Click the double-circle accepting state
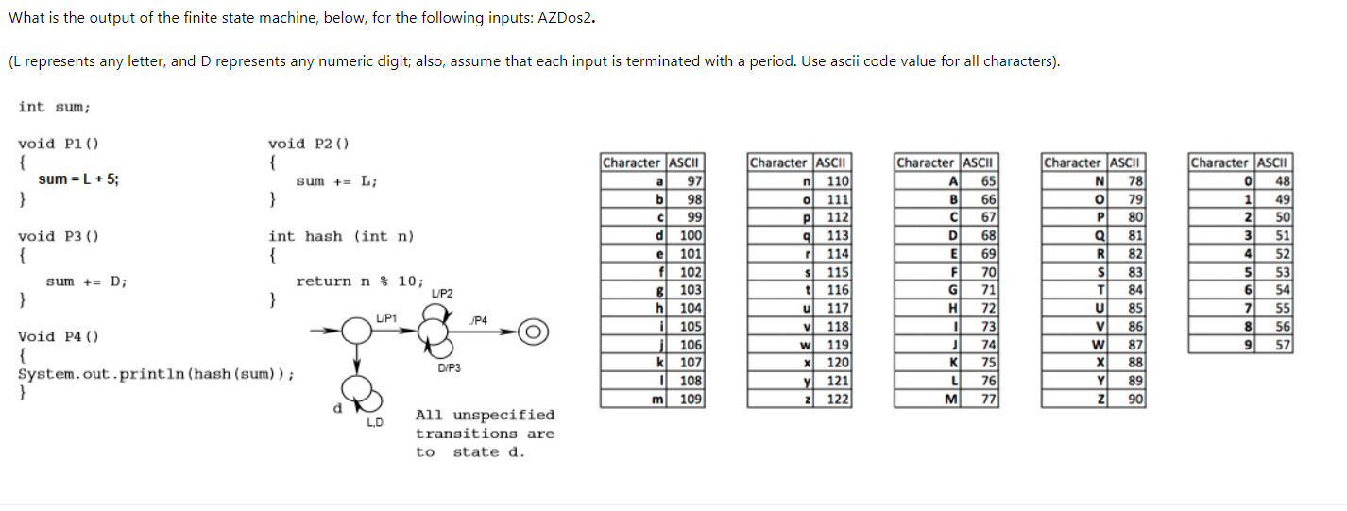[533, 332]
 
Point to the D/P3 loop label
[449, 367]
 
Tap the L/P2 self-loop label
[441, 294]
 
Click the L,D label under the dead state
[375, 422]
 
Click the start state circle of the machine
[356, 331]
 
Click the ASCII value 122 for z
[838, 399]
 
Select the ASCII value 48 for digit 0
[1281, 180]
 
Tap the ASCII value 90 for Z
[1134, 399]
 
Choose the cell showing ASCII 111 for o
[838, 198]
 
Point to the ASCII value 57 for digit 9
[1281, 344]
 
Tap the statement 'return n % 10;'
[360, 281]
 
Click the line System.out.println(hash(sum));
[156, 373]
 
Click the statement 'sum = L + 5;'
[78, 179]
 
